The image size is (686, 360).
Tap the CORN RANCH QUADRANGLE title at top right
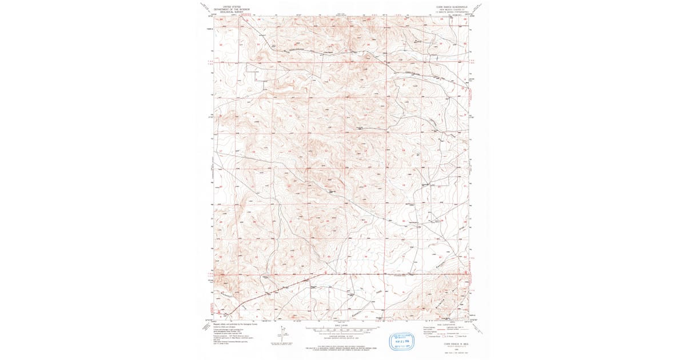[451, 6]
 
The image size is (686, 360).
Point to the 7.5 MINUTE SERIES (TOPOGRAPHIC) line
[451, 11]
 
